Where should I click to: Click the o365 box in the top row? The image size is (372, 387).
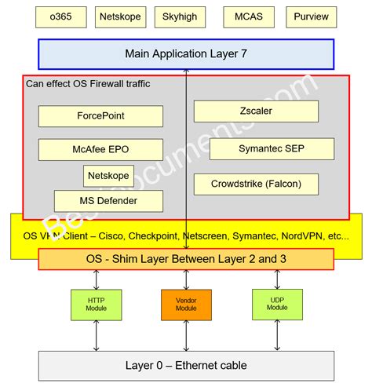click(x=61, y=16)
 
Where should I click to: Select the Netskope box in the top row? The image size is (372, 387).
click(x=120, y=16)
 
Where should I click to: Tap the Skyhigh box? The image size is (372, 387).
click(x=180, y=16)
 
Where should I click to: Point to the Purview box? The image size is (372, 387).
click(x=312, y=16)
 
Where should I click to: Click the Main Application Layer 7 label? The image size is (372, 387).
click(x=186, y=54)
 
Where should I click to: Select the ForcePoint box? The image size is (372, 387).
click(x=100, y=116)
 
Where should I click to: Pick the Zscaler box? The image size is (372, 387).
click(x=256, y=111)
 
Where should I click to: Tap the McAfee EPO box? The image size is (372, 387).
click(x=100, y=149)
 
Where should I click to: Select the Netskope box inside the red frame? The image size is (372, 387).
click(x=108, y=175)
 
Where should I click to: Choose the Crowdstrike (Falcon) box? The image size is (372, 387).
click(x=255, y=184)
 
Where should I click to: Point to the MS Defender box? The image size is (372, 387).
click(x=108, y=201)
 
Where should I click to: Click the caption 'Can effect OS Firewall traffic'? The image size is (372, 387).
click(x=88, y=84)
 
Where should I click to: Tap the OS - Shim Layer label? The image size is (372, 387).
click(x=186, y=259)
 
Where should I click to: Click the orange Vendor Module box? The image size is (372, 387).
click(x=186, y=305)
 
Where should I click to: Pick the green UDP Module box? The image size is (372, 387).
click(x=277, y=304)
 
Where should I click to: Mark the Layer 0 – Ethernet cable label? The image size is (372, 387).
click(x=186, y=365)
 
